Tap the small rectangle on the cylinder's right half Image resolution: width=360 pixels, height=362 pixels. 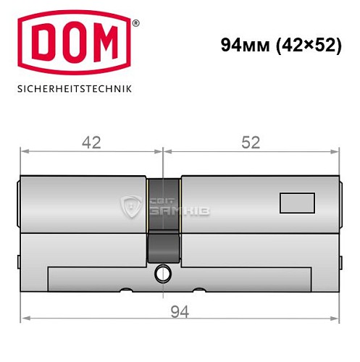pos(297,203)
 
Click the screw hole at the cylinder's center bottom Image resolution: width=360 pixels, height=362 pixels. pos(163,274)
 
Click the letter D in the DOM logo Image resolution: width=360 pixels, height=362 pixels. pos(42,46)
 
